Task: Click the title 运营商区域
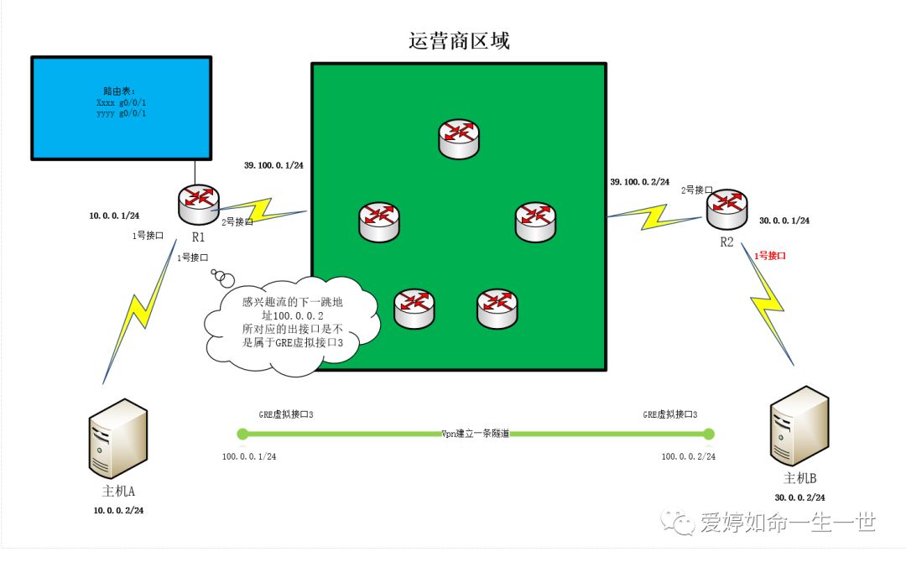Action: click(458, 40)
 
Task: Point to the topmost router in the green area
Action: click(459, 137)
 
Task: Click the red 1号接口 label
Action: click(770, 254)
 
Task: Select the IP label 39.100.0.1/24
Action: click(274, 165)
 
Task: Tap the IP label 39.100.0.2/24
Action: click(641, 182)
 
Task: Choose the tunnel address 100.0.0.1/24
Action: click(250, 456)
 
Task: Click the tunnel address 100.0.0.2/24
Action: click(688, 456)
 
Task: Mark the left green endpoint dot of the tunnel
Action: click(243, 434)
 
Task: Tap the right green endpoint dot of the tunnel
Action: click(709, 434)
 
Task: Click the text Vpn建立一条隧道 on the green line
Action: click(476, 434)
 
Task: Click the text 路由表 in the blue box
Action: click(119, 91)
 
